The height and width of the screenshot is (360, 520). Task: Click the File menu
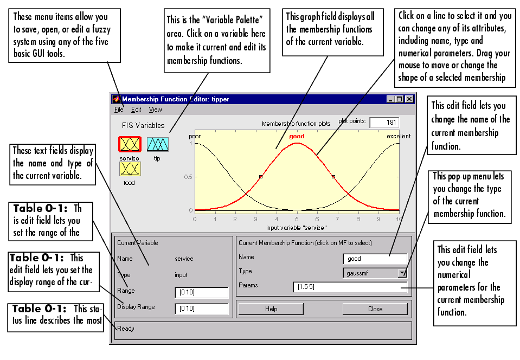coord(119,110)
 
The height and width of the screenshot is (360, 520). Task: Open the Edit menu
coord(136,110)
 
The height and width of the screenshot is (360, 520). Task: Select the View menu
coord(155,110)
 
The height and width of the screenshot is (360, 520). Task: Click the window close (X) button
coord(409,99)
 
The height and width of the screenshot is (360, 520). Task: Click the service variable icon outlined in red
coord(130,145)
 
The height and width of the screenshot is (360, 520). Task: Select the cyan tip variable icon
coord(158,145)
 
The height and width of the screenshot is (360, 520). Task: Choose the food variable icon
coord(130,169)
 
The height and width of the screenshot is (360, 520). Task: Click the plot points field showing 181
coord(384,123)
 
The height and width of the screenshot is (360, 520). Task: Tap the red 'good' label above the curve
coord(297,136)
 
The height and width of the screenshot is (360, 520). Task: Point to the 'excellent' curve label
coord(399,136)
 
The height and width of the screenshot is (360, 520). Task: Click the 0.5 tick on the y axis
coord(188,177)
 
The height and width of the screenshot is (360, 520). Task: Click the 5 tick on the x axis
coord(297,219)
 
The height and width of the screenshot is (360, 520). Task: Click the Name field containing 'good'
coord(375,259)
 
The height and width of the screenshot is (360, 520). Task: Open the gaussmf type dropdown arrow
coord(402,273)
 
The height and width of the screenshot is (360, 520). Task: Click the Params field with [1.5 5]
coord(350,287)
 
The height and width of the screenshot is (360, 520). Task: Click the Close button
coord(375,309)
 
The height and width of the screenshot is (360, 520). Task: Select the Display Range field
coord(202,308)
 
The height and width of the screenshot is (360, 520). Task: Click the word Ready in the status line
coord(126,329)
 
